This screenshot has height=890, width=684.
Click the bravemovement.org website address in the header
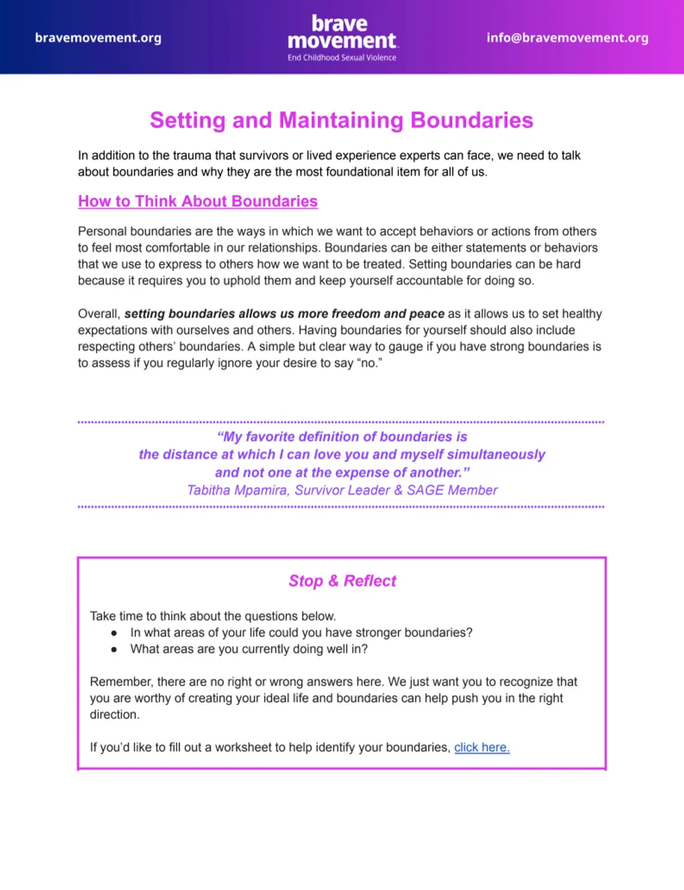98,38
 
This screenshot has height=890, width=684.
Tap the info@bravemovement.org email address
567,38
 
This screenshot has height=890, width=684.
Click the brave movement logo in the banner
342,33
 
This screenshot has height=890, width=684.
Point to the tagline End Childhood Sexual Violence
342,58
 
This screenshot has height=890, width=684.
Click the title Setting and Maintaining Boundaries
341,120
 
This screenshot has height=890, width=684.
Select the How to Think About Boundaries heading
198,202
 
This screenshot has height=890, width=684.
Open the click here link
482,748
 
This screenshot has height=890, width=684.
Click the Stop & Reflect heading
342,581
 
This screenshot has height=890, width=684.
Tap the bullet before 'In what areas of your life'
114,633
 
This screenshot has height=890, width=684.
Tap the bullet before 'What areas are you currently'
114,650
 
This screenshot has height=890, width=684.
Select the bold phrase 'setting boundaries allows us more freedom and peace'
284,314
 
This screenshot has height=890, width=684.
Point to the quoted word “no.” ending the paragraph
369,363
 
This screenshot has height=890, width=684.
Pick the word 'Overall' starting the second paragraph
99,314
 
